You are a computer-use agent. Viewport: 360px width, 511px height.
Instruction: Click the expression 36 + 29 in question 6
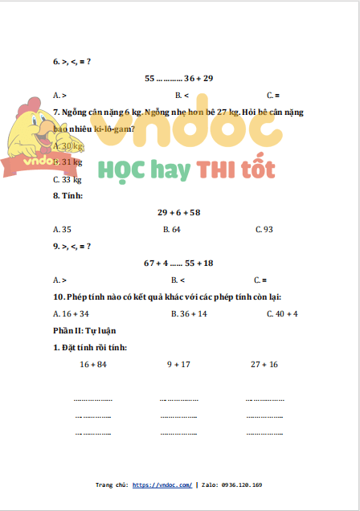point(198,79)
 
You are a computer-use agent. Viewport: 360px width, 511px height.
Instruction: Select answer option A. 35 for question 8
point(62,230)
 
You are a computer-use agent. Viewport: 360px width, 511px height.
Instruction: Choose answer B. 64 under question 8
point(171,230)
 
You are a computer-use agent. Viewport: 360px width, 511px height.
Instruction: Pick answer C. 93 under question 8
point(264,230)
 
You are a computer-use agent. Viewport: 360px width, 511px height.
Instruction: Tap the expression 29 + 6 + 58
point(178,213)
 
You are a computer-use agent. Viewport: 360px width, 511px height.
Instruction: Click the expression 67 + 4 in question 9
point(156,263)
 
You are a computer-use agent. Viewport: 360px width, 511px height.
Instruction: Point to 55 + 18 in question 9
point(199,263)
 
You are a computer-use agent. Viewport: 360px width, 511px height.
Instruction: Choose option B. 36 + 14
point(189,313)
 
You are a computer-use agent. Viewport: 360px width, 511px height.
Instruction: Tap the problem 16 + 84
point(93,364)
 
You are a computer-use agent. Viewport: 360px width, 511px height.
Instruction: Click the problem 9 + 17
point(178,364)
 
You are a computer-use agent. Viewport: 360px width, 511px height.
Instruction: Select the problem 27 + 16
point(264,364)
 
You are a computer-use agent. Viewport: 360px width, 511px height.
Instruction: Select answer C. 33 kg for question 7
point(67,179)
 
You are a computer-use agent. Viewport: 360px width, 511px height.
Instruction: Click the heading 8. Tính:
point(68,196)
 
